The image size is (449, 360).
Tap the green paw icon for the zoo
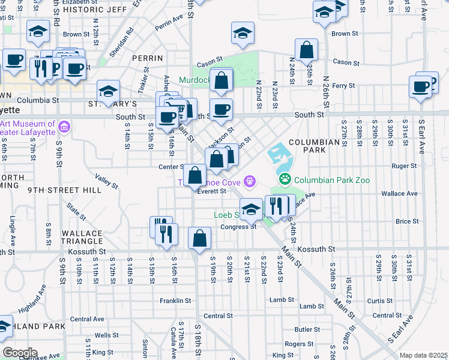point(285,179)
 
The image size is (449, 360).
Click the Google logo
point(19,353)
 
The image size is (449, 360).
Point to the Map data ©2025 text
point(423,355)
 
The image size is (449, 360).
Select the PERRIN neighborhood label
point(148,58)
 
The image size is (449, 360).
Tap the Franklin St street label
point(175,300)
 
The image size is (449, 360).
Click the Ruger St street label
point(403,166)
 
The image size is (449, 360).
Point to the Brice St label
point(407,221)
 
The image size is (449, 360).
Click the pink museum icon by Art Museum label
point(65,127)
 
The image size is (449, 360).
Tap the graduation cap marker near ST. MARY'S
point(108,91)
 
